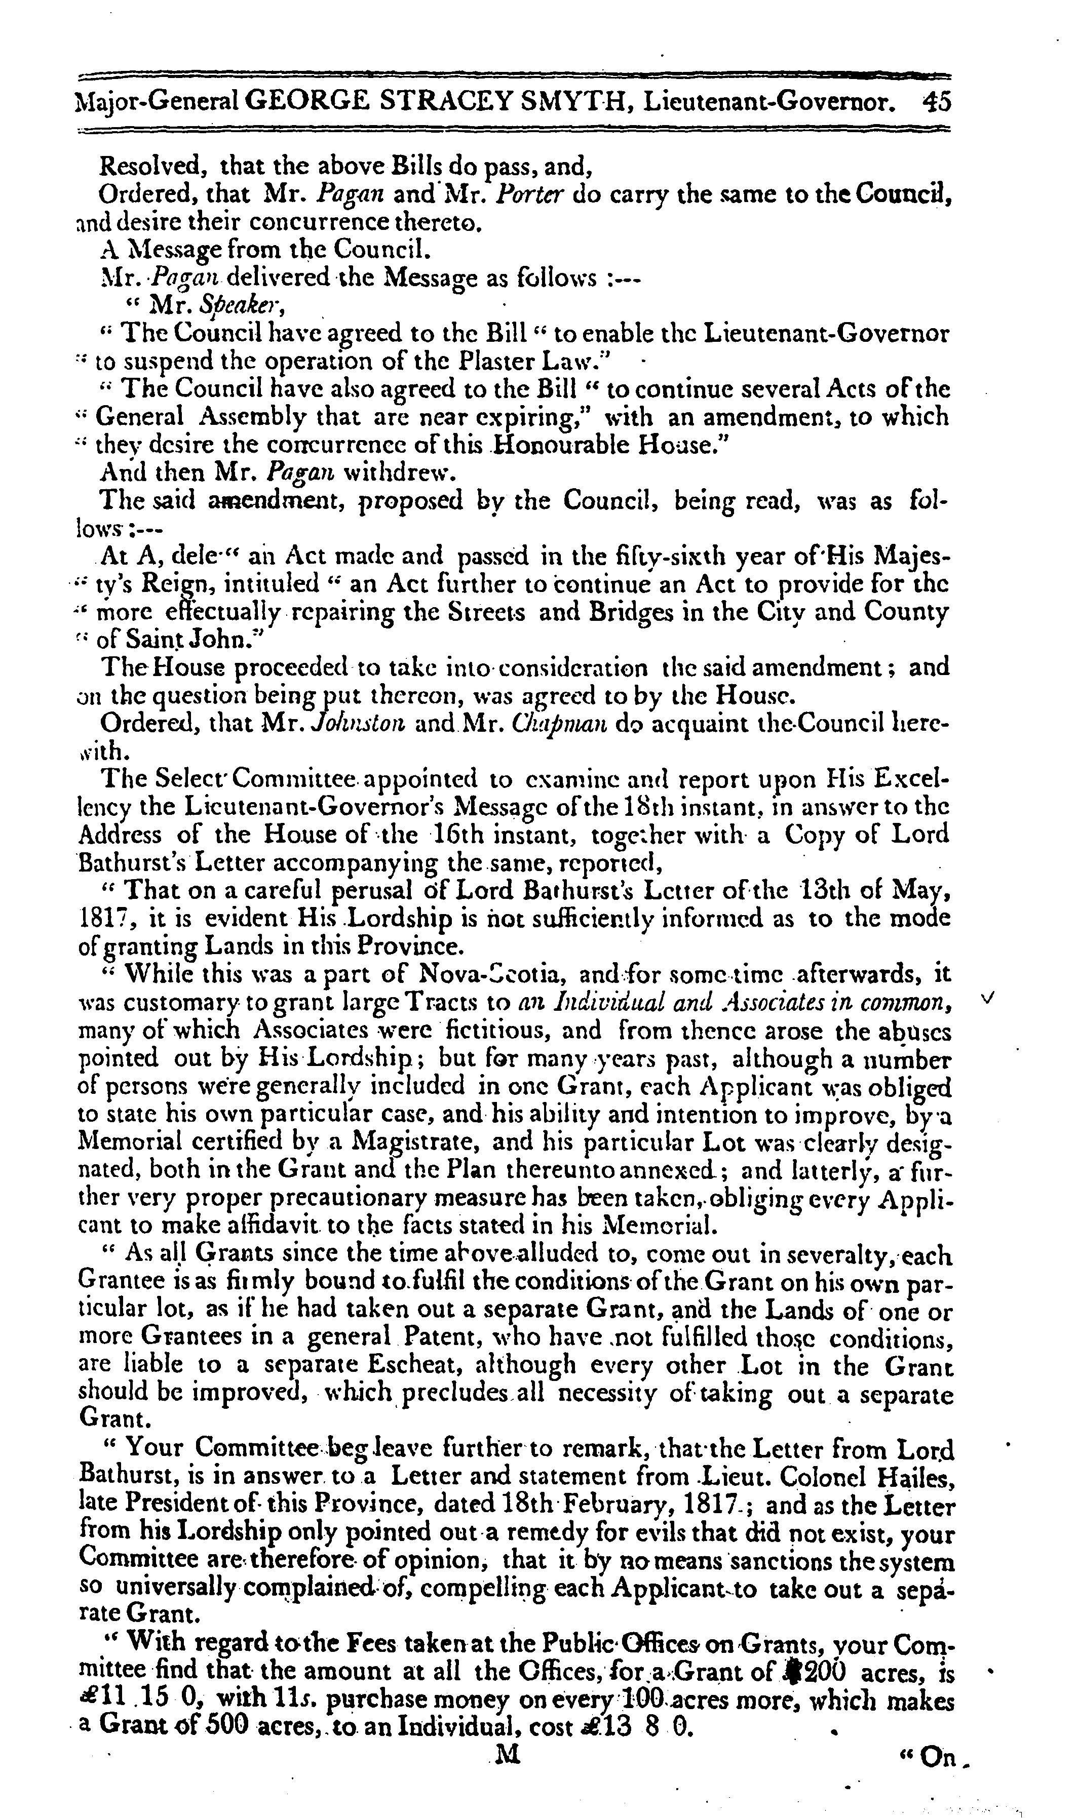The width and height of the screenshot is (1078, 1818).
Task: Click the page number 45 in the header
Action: coord(935,102)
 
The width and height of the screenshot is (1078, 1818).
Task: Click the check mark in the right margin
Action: coord(986,1000)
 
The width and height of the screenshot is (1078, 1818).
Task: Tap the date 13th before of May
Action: coord(830,889)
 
